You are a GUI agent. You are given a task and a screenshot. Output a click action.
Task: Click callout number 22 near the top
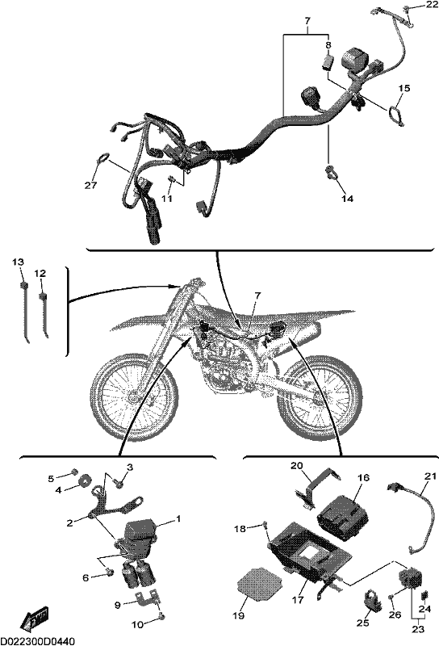click(x=433, y=5)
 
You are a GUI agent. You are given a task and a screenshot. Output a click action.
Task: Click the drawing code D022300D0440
click(x=37, y=641)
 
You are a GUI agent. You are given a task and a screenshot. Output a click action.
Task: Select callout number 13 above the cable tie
click(x=18, y=262)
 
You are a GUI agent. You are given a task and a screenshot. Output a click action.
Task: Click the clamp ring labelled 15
click(x=395, y=115)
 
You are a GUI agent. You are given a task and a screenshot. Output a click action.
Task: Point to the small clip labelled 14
click(x=332, y=172)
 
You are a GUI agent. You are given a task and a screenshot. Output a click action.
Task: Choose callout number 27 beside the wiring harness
click(x=91, y=186)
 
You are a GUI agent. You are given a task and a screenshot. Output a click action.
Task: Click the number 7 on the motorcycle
click(x=257, y=296)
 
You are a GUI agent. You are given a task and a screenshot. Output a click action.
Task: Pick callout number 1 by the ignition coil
click(x=178, y=519)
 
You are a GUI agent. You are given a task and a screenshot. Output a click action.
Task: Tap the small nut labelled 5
click(x=74, y=472)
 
